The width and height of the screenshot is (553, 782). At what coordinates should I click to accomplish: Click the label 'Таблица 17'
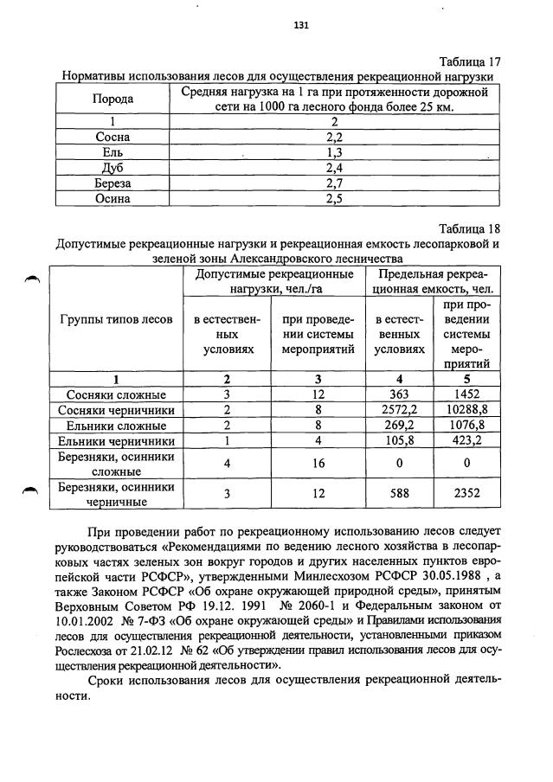[470, 62]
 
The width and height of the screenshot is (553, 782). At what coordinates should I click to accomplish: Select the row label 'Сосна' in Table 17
[113, 137]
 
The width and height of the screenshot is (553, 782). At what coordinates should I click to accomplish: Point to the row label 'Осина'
[113, 199]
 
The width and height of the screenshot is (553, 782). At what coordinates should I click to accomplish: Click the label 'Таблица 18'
[470, 229]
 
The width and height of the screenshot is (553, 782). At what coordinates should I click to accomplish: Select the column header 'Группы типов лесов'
[116, 319]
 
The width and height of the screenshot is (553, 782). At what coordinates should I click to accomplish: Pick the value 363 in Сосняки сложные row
[400, 394]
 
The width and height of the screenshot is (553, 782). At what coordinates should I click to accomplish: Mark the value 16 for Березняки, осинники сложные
[318, 465]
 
